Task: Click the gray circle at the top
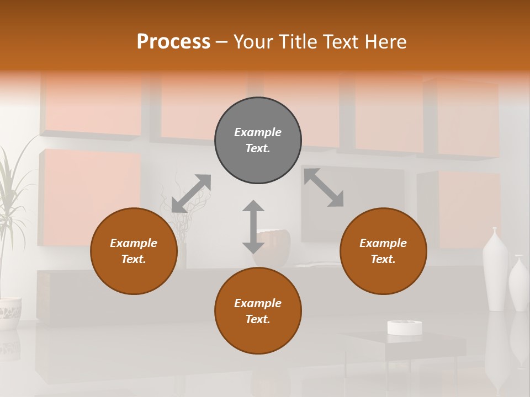[258, 141]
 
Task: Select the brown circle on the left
[134, 251]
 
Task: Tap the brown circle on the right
[383, 251]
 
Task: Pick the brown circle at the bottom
[258, 311]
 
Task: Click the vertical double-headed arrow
[253, 227]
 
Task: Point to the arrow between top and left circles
[191, 193]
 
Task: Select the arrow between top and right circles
[324, 187]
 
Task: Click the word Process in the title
[173, 42]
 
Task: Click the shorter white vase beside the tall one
[519, 284]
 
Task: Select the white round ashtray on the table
[405, 328]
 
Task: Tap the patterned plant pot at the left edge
[9, 313]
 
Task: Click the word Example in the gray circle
[258, 132]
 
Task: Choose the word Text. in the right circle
[383, 259]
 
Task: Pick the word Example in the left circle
[134, 243]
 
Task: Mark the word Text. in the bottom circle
[258, 319]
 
